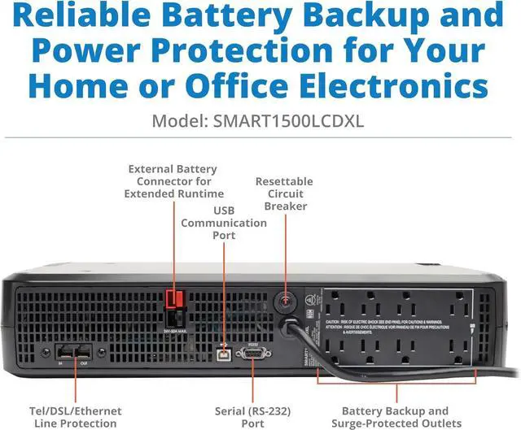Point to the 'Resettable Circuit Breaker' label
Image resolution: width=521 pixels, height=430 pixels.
(x=283, y=193)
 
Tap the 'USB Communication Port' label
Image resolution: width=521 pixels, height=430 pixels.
(x=225, y=223)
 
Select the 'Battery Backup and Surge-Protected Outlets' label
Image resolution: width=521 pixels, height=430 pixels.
(x=395, y=417)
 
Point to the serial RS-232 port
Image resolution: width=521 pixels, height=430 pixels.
(x=253, y=353)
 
